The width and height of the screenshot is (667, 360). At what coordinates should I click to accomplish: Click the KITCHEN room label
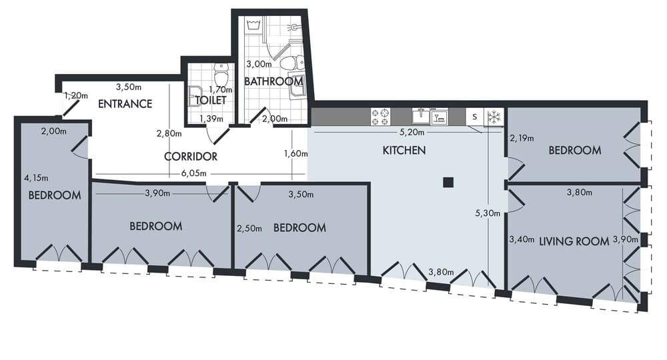pyautogui.click(x=404, y=151)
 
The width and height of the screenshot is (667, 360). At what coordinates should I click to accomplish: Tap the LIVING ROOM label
pyautogui.click(x=574, y=241)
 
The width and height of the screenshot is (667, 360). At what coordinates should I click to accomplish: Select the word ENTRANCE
pyautogui.click(x=125, y=104)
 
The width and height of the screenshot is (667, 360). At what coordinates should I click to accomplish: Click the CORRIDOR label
pyautogui.click(x=191, y=157)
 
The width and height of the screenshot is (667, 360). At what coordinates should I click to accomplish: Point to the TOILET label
pyautogui.click(x=211, y=101)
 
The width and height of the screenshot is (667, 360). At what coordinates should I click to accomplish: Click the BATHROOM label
pyautogui.click(x=273, y=81)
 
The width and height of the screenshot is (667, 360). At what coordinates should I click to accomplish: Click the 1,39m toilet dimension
pyautogui.click(x=212, y=119)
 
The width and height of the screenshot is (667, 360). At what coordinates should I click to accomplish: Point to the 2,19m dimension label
pyautogui.click(x=522, y=139)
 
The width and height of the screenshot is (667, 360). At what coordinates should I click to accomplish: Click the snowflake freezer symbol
pyautogui.click(x=494, y=117)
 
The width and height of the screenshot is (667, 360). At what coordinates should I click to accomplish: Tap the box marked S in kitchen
pyautogui.click(x=474, y=117)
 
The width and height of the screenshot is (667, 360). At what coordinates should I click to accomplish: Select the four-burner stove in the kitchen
pyautogui.click(x=380, y=117)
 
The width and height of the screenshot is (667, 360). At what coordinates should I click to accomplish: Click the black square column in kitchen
pyautogui.click(x=448, y=182)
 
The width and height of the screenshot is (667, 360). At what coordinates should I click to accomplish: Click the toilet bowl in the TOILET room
pyautogui.click(x=221, y=75)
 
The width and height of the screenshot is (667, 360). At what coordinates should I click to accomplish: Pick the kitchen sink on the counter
pyautogui.click(x=421, y=117)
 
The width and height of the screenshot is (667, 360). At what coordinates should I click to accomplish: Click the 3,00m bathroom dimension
pyautogui.click(x=258, y=65)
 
